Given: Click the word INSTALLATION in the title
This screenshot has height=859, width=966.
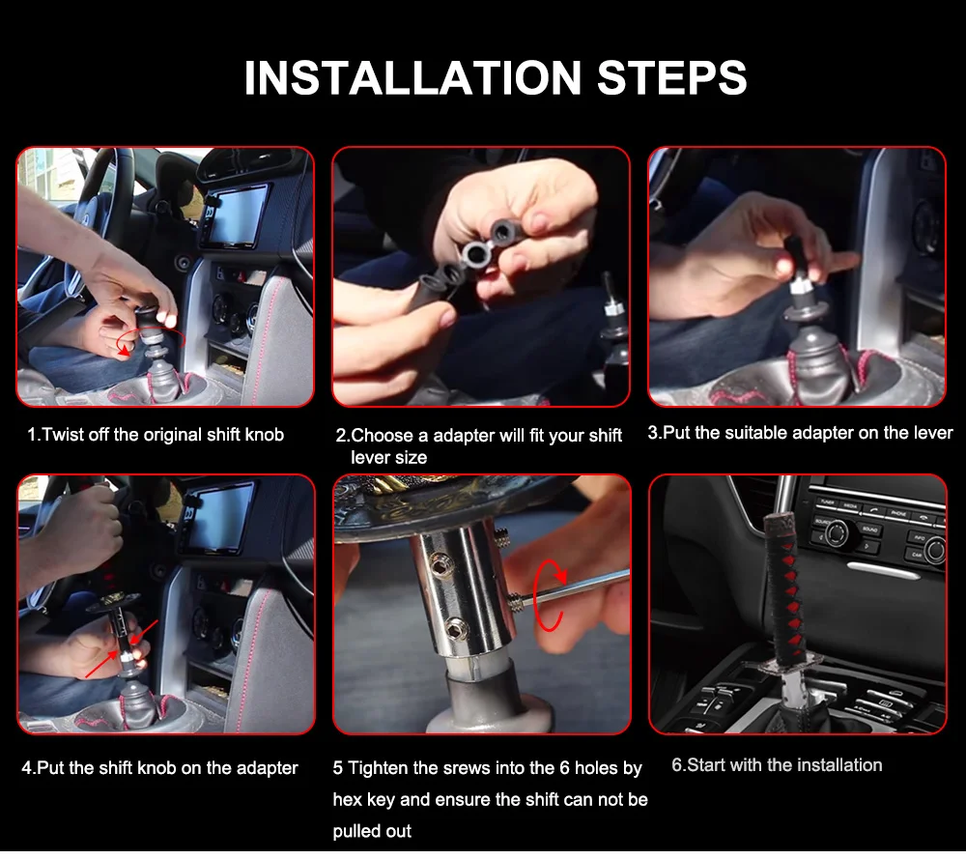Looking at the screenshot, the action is [412, 78].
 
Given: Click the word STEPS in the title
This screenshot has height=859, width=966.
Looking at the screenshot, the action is [672, 78].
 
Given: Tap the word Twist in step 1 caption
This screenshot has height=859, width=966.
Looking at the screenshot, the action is [64, 435].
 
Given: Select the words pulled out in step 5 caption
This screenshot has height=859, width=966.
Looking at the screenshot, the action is [372, 831].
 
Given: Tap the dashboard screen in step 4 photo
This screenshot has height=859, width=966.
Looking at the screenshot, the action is [220, 516].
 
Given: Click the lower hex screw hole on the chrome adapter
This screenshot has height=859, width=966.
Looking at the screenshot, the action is [456, 628].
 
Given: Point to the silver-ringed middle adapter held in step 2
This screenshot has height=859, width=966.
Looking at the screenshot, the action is [475, 252].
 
